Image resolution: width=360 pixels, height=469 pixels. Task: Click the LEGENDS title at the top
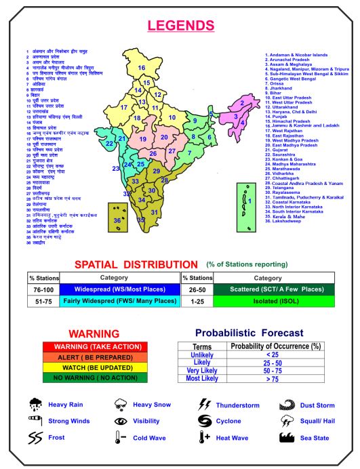180,26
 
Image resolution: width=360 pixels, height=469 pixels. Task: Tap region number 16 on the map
142,67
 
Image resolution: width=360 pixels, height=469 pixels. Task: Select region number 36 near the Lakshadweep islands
117,220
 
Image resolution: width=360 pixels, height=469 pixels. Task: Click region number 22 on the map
110,143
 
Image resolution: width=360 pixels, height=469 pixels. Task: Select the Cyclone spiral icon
204,421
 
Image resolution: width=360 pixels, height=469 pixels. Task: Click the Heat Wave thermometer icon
204,438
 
